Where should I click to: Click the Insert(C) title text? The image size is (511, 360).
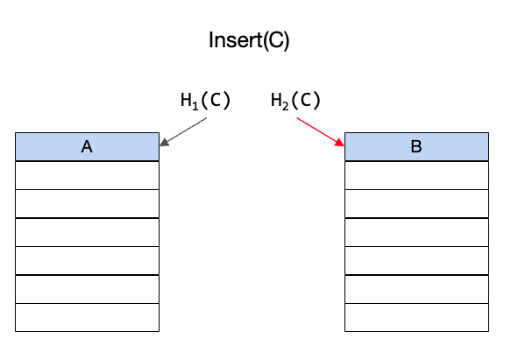tap(249, 40)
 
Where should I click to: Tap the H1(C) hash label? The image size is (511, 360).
tap(205, 101)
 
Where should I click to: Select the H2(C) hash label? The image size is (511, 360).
tap(295, 101)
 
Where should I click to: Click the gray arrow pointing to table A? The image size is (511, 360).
tap(183, 132)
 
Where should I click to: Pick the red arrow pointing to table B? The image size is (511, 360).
tap(320, 132)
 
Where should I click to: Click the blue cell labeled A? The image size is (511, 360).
tap(87, 146)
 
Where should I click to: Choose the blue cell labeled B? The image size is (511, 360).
tap(416, 146)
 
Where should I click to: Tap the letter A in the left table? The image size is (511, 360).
tap(87, 146)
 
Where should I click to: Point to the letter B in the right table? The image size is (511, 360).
tap(416, 146)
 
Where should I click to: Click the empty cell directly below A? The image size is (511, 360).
tap(87, 175)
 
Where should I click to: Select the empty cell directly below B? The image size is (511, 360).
tap(416, 175)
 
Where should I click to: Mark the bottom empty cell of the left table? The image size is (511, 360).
tap(87, 318)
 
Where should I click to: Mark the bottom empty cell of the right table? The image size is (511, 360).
tap(416, 318)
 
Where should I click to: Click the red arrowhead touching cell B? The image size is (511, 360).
tap(340, 143)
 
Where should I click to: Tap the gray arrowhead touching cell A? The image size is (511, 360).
tap(164, 143)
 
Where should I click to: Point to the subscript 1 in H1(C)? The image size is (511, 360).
tap(195, 106)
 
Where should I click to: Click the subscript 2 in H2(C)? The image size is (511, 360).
tap(285, 106)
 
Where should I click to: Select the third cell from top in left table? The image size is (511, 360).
tap(87, 203)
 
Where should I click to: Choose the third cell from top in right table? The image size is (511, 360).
tap(416, 203)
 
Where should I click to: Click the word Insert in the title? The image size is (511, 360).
tap(236, 40)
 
